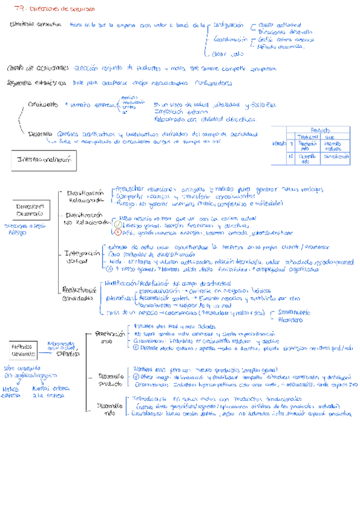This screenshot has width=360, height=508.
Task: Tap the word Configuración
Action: coord(228,25)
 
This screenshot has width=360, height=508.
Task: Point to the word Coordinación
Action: coord(230,39)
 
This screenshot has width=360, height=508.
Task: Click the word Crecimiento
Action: coord(44,105)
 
